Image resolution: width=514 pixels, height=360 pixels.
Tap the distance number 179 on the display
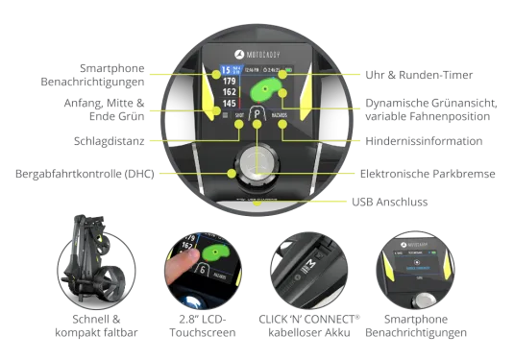[229, 83]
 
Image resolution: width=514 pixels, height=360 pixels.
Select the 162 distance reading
[229, 93]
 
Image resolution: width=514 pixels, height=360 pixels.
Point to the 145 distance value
[229, 104]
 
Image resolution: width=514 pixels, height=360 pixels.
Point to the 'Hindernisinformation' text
[423, 141]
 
